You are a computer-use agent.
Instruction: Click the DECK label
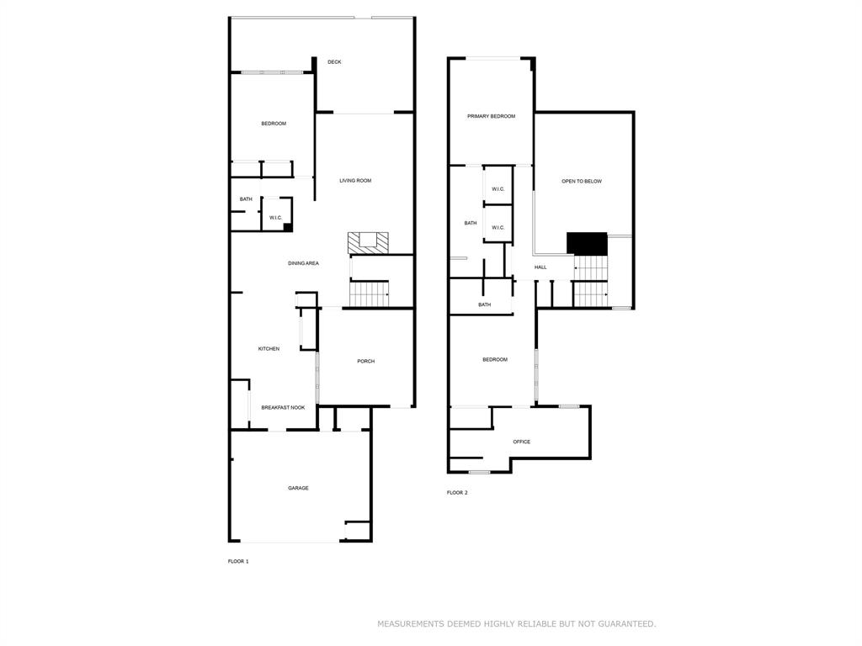334,62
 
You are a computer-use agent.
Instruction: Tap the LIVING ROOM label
355,181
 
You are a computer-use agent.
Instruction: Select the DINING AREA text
303,263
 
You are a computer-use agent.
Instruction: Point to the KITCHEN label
269,349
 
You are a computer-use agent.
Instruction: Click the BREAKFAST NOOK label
283,407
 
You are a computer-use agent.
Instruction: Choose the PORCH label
365,362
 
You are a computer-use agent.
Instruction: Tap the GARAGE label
298,488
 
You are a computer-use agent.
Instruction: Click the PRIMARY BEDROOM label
491,116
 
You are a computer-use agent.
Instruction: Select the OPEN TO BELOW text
582,182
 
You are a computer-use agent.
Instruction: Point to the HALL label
540,267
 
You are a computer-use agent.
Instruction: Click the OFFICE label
521,442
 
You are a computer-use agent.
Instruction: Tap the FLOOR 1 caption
238,561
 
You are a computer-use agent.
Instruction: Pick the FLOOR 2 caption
457,493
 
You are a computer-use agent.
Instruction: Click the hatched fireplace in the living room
369,243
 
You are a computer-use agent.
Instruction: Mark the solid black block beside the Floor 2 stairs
587,243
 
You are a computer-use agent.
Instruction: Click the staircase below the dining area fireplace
369,294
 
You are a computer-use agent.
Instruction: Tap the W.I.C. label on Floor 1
275,219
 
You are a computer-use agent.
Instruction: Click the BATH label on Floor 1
246,199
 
